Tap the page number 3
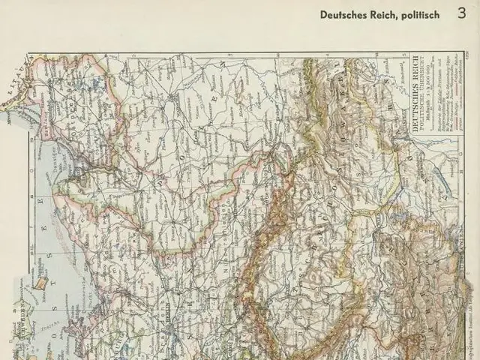[x=460, y=12]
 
